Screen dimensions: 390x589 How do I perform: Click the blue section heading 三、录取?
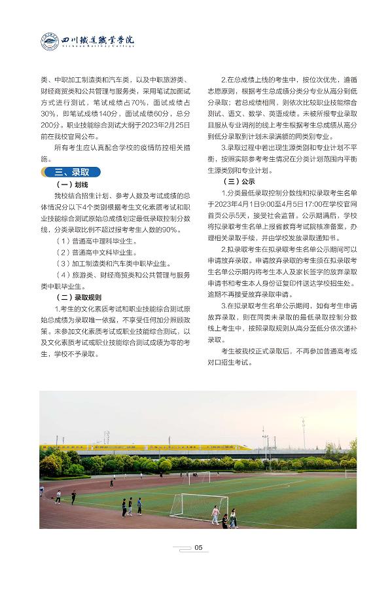click(x=73, y=172)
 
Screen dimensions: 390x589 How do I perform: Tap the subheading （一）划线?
click(x=77, y=185)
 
